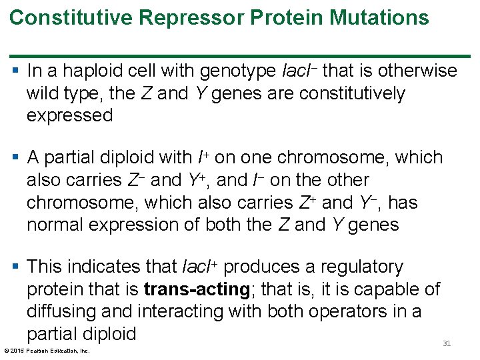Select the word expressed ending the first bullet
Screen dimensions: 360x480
pos(69,115)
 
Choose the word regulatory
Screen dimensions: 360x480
pos(361,267)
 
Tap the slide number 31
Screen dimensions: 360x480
pos(447,343)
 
